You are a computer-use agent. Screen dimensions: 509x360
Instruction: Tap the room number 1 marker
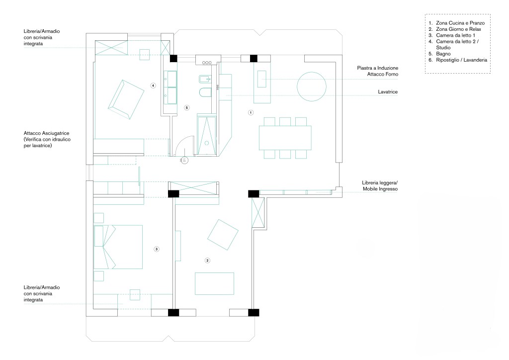251,113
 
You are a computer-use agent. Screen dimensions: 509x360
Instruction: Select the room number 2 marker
207,261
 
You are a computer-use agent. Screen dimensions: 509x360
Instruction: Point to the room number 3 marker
157,249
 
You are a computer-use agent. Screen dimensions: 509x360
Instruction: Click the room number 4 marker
153,86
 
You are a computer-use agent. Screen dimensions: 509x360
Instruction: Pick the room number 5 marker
186,107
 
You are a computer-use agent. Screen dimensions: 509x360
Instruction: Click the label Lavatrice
388,92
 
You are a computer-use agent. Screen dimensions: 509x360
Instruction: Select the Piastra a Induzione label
378,68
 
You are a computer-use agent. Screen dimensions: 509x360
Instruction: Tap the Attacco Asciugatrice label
46,133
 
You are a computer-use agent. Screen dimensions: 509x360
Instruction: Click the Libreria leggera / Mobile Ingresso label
380,185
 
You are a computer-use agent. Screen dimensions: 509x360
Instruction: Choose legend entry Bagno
443,54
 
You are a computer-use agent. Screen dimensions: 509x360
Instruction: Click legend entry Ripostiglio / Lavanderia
462,60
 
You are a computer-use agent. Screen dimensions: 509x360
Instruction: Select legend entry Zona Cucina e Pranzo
460,23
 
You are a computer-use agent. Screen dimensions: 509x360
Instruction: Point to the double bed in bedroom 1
118,247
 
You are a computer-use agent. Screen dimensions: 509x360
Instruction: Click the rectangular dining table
285,138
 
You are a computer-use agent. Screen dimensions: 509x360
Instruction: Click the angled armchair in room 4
126,99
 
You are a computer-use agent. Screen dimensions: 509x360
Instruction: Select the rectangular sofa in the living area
214,284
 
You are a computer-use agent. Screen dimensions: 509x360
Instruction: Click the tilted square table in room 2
223,234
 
